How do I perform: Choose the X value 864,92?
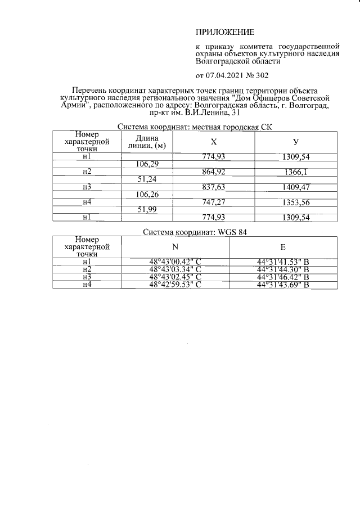tap(214, 171)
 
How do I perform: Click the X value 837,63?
tap(214, 186)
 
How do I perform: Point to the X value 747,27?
tap(214, 201)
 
